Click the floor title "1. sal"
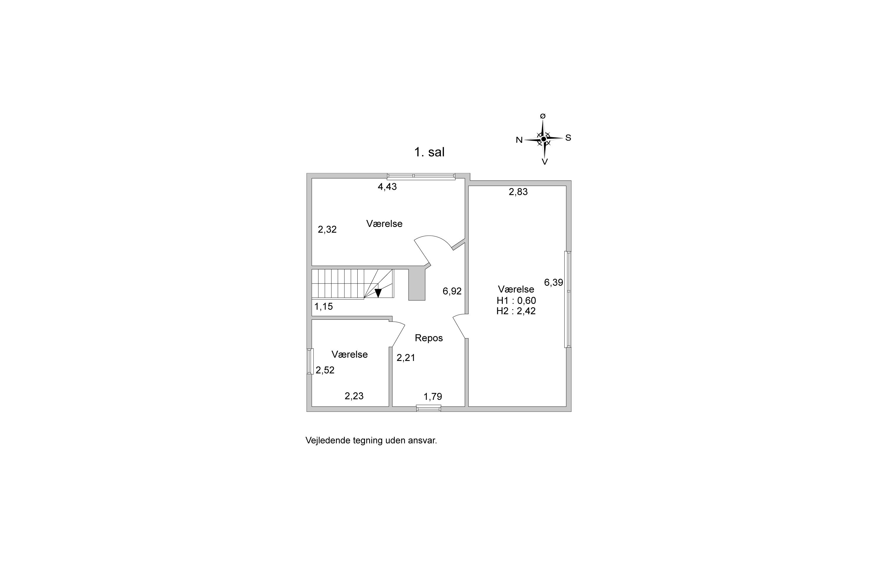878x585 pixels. (429, 152)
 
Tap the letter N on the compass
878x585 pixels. (519, 140)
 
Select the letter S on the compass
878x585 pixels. (568, 138)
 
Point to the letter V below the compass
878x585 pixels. (545, 161)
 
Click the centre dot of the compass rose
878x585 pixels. (543, 139)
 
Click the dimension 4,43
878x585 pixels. (387, 187)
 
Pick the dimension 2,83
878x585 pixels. (518, 192)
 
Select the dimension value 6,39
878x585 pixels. (553, 283)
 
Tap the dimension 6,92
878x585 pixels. (452, 291)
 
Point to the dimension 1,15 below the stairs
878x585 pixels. (323, 307)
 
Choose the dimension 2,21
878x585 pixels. (406, 358)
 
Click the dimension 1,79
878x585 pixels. (433, 397)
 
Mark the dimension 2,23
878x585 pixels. (354, 396)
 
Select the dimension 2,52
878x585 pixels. (325, 370)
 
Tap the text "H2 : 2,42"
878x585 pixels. (516, 311)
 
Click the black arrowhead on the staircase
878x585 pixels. (378, 293)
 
